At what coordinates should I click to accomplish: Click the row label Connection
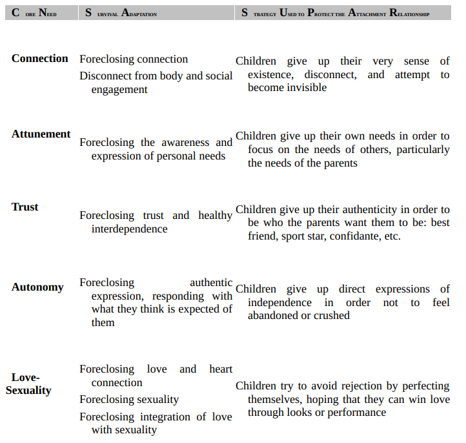(x=39, y=58)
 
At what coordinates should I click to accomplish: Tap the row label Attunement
(x=41, y=134)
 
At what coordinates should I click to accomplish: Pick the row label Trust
(x=25, y=207)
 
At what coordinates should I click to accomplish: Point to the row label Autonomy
(x=37, y=287)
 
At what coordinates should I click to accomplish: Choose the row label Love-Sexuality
(x=28, y=384)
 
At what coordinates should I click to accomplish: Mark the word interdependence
(x=129, y=229)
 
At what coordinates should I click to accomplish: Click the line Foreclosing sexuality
(x=129, y=400)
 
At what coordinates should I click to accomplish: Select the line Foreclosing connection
(x=134, y=59)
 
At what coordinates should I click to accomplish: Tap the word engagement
(x=119, y=89)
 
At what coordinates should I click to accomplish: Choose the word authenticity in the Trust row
(x=374, y=209)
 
